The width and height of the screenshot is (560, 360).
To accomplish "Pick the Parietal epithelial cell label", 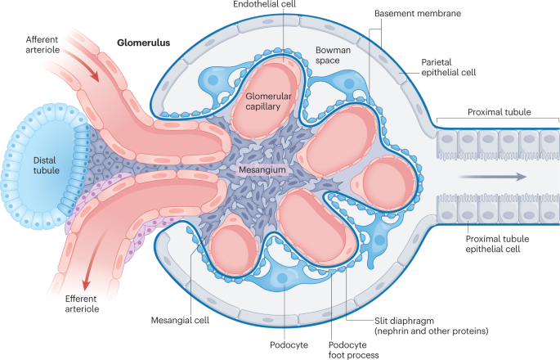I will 444,68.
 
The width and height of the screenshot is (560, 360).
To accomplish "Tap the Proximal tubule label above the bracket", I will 497,111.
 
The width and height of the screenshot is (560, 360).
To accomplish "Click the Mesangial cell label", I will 181,320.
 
